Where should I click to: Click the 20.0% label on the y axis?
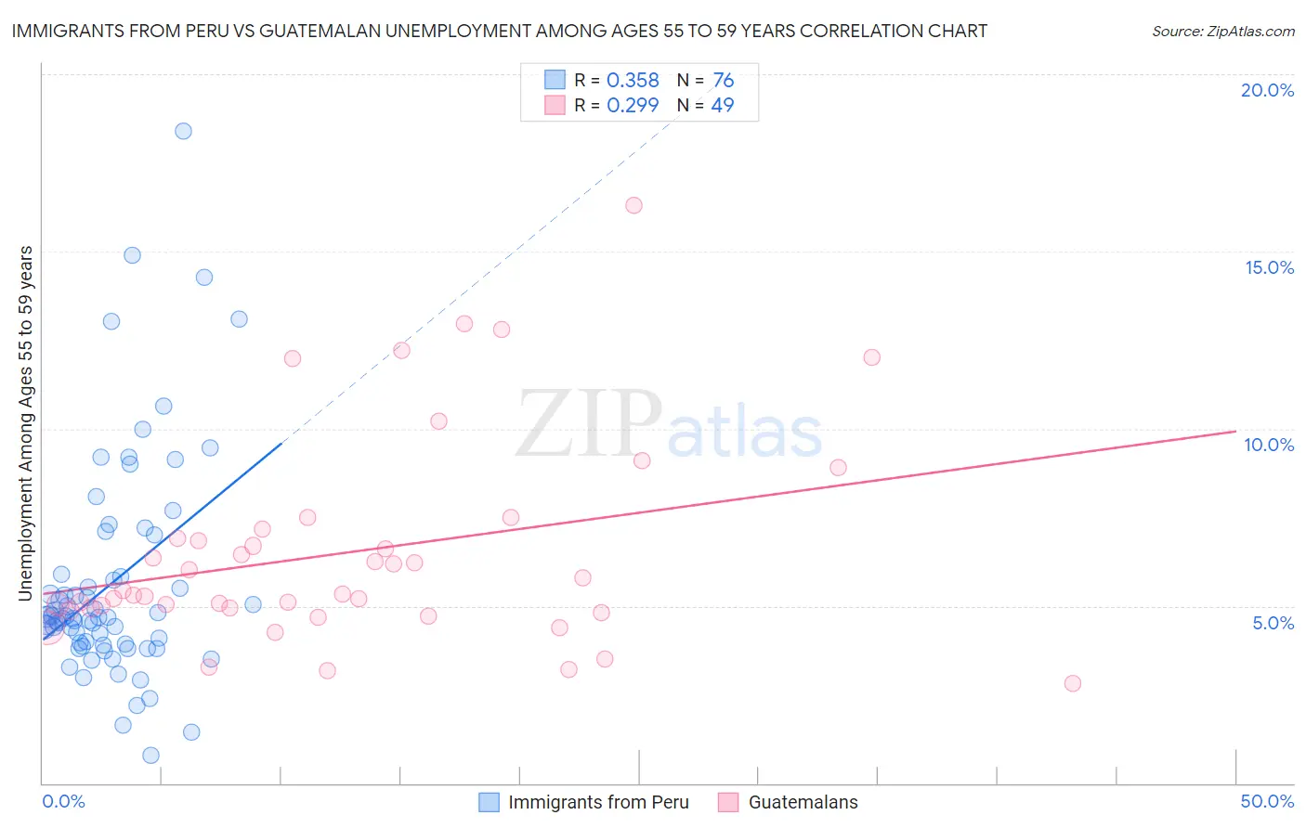pos(1267,90)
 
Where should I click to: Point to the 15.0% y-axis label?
pos(1269,267)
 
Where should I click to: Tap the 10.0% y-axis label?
pos(1269,445)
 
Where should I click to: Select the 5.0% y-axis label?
pos(1273,623)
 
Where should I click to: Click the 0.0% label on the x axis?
pos(63,801)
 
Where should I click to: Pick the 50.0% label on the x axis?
pos(1267,801)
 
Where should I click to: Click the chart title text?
pos(499,31)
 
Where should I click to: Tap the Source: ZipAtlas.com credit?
pos(1222,31)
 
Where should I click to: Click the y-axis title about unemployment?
pos(26,423)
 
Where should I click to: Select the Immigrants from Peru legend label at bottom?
pos(598,802)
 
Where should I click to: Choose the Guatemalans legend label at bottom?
pos(803,802)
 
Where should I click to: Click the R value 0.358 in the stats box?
pos(633,81)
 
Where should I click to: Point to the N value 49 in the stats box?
pos(722,105)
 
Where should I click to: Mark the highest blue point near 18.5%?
pos(183,131)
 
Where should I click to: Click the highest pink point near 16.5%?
pos(633,205)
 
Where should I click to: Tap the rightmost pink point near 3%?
pos(1072,683)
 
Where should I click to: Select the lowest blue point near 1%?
pos(150,756)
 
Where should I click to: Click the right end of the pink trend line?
pos(1235,431)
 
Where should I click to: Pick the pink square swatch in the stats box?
pos(555,105)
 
